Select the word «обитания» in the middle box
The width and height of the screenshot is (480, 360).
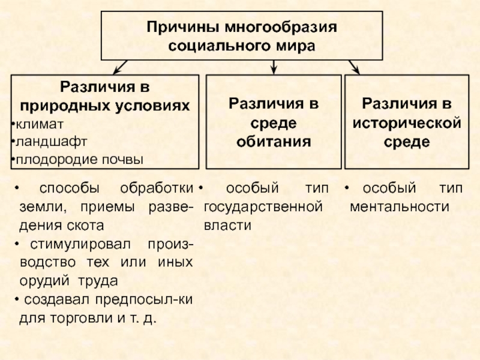(x=273, y=142)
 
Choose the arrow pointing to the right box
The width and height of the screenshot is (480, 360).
(x=355, y=65)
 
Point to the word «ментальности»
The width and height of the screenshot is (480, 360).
(x=399, y=207)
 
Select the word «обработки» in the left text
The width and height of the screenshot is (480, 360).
(x=157, y=188)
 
